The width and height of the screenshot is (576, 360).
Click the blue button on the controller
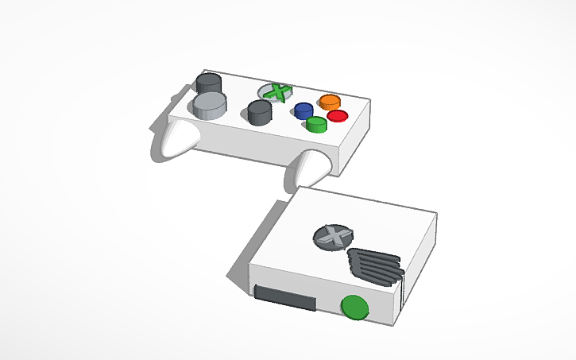303,110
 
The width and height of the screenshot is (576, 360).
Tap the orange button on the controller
330,102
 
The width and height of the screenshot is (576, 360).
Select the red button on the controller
338,116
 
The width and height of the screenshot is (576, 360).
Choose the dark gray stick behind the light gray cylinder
209,83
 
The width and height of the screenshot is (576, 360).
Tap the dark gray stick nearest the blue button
259,113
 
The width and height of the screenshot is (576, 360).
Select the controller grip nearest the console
309,167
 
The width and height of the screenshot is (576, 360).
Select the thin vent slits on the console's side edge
401,290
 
